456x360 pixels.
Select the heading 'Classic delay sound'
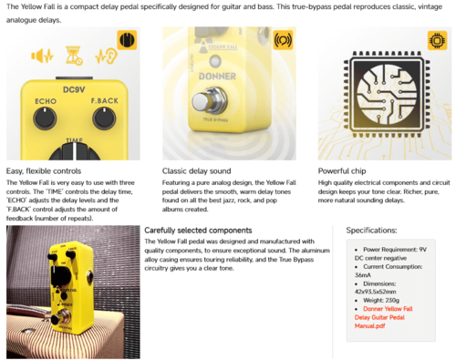[201, 170]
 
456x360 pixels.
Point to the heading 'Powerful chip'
[347, 170]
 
